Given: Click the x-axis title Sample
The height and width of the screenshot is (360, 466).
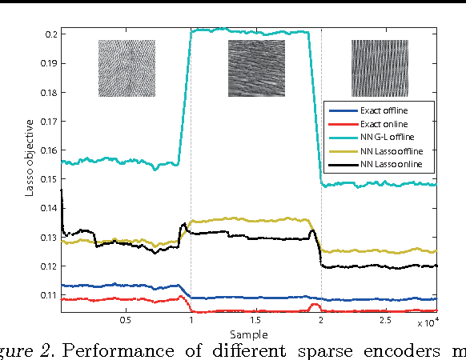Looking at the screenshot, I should pos(255,334).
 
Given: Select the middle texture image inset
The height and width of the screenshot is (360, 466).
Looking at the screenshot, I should pos(256,68).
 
